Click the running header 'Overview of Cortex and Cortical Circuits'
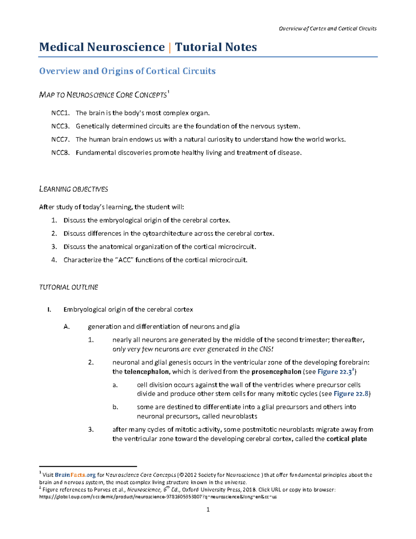coord(328,28)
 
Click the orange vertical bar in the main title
coord(170,47)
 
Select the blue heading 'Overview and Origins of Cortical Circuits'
coord(127,71)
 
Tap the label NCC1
coord(61,113)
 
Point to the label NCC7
coord(61,140)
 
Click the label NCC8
coord(61,153)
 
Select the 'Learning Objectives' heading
coord(73,189)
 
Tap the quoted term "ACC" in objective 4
coord(124,260)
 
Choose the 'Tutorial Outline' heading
coord(69,287)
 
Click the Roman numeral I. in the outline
coord(49,310)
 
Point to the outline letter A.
coord(67,327)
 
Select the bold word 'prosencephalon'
coord(276,372)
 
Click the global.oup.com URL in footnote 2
coord(158,497)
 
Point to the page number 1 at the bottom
coord(208,510)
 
